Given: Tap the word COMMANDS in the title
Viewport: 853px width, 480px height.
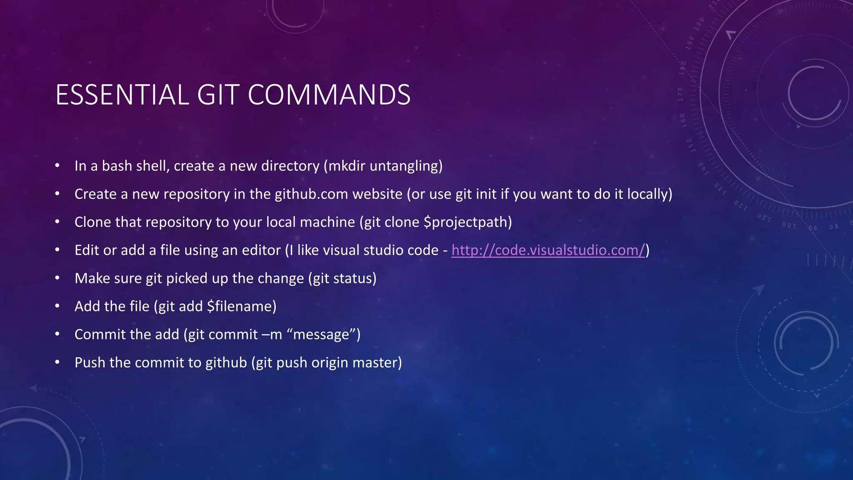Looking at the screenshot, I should pyautogui.click(x=329, y=95).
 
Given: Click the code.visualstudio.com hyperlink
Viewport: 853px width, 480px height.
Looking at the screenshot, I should pyautogui.click(x=548, y=250).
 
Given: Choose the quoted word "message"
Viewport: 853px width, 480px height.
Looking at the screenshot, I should pyautogui.click(x=321, y=335).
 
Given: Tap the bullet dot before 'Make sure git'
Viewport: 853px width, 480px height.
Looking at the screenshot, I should pyautogui.click(x=57, y=278).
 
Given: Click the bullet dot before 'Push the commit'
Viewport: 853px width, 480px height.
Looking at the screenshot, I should pyautogui.click(x=57, y=362).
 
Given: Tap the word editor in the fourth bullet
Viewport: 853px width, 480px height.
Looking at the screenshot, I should pyautogui.click(x=262, y=250).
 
